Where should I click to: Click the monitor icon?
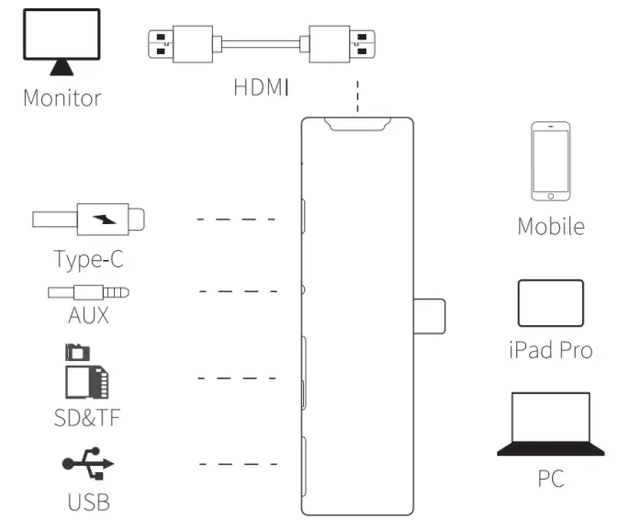point(62,42)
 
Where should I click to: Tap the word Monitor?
point(62,97)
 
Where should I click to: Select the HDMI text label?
point(261,88)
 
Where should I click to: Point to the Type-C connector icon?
point(88,220)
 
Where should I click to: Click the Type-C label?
point(88,260)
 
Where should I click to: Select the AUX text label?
point(88,315)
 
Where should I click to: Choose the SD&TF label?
point(88,418)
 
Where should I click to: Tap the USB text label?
point(88,502)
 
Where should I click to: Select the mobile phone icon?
point(550,162)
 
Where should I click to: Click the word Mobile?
point(550,226)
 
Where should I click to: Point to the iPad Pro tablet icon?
point(550,302)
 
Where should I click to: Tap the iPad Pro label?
point(550,350)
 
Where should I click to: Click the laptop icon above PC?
point(550,424)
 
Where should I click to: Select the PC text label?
point(550,479)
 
